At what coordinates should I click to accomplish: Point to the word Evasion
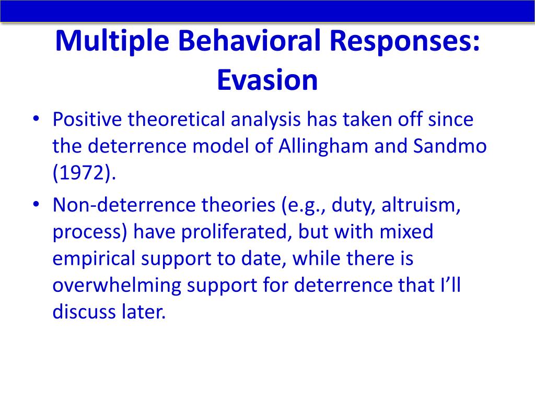tap(267, 80)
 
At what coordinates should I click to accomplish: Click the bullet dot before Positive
tap(36, 119)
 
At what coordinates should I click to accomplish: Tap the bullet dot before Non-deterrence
tap(36, 204)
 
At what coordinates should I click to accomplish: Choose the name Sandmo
tap(450, 146)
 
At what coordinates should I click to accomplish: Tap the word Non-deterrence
tap(124, 205)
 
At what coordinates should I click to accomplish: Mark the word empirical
tap(94, 259)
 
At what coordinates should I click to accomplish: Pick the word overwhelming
tap(117, 286)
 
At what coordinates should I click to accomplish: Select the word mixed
tap(406, 231)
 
